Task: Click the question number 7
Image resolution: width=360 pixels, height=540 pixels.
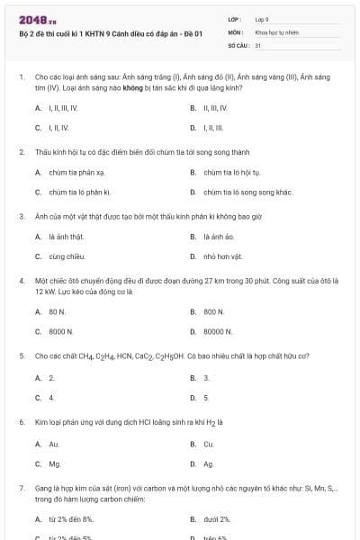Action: coord(21,488)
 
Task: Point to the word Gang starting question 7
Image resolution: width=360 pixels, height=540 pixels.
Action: coord(43,488)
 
